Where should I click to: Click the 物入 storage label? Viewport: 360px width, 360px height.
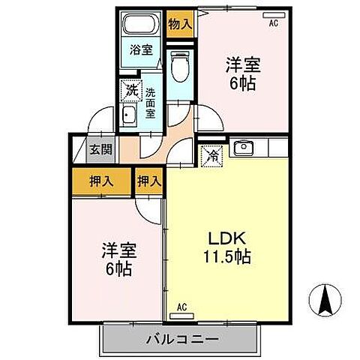[x=179, y=23]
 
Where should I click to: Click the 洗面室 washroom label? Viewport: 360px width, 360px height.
[x=151, y=103]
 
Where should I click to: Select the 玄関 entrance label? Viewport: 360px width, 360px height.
[x=102, y=148]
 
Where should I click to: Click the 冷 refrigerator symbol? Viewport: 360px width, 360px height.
[x=210, y=157]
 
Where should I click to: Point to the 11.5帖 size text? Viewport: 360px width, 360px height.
[x=226, y=256]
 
